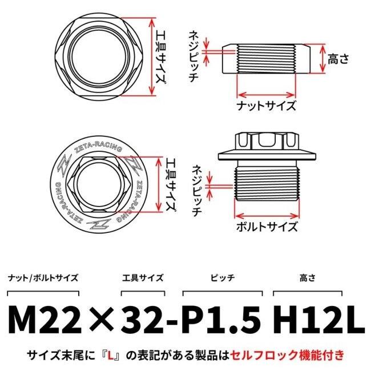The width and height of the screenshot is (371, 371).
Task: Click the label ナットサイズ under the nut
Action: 267,106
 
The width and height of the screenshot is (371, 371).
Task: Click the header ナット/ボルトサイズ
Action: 43,278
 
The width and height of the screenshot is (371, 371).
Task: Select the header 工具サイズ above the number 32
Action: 143,278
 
